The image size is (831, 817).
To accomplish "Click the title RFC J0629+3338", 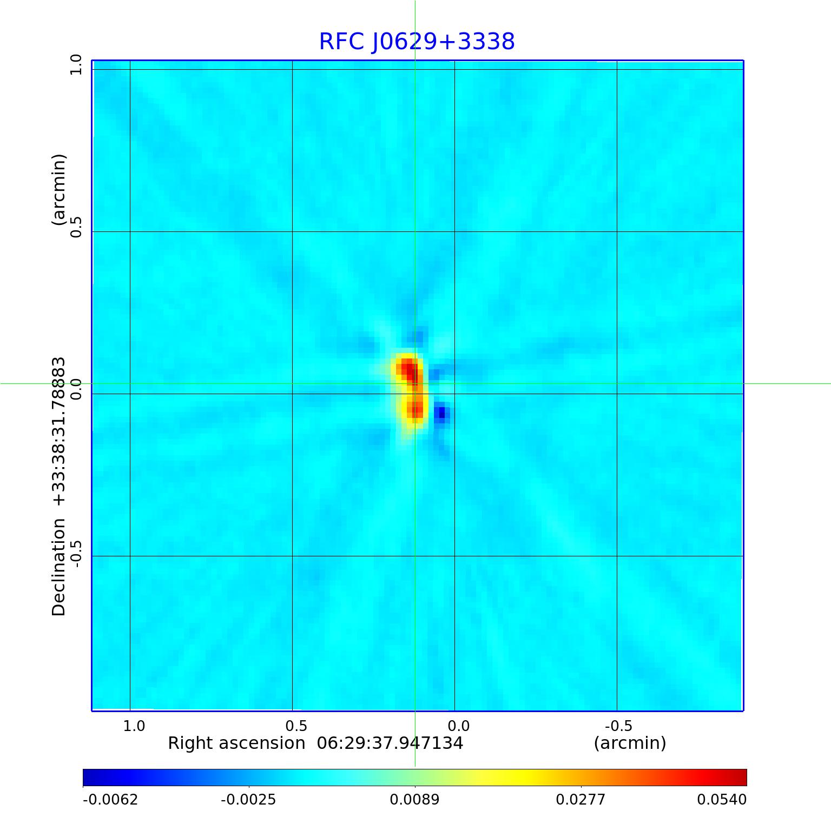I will tap(417, 42).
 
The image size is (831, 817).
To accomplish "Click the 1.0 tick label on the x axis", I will tap(134, 726).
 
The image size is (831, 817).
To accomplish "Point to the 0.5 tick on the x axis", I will tap(296, 726).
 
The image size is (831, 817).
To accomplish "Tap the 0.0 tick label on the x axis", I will tap(458, 726).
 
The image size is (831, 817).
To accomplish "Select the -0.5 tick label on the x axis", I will tap(618, 726).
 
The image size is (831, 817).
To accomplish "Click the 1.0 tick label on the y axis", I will tap(76, 65).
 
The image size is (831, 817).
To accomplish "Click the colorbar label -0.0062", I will tap(110, 799).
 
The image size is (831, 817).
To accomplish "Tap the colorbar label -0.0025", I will tap(249, 799).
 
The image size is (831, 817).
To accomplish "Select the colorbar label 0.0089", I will tap(415, 799).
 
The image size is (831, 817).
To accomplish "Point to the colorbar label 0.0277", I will tap(581, 799).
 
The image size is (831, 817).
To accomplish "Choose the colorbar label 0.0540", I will tap(721, 799).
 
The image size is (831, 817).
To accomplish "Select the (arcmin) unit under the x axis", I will tap(630, 743).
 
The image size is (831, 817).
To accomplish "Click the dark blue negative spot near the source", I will tap(441, 414).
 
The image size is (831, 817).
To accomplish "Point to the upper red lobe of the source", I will tap(408, 370).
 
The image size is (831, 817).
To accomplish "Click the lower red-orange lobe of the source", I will tap(415, 409).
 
